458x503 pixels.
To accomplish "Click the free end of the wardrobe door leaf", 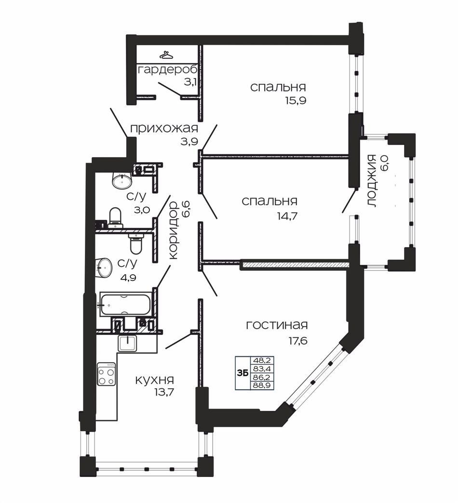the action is tap(158, 83).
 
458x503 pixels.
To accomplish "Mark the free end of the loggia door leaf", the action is tap(342, 212).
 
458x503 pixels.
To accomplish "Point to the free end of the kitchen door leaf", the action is tap(166, 348).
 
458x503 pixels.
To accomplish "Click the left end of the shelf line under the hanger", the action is tap(136, 63).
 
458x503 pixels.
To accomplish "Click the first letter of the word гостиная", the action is tap(249, 326).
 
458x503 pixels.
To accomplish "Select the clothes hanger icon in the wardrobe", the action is tap(167, 55).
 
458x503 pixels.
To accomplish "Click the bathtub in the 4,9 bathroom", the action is tap(126, 304).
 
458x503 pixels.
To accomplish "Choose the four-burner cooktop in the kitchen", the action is tap(107, 374).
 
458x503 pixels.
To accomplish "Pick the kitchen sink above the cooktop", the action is tap(128, 343).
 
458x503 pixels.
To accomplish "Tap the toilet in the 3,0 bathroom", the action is tap(116, 216).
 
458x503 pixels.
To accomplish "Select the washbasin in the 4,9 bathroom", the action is tap(104, 267).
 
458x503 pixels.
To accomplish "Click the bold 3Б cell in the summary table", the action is tap(242, 373).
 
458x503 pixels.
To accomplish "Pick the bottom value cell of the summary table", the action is tap(262, 385).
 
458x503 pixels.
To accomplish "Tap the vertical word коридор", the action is tap(173, 230).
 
